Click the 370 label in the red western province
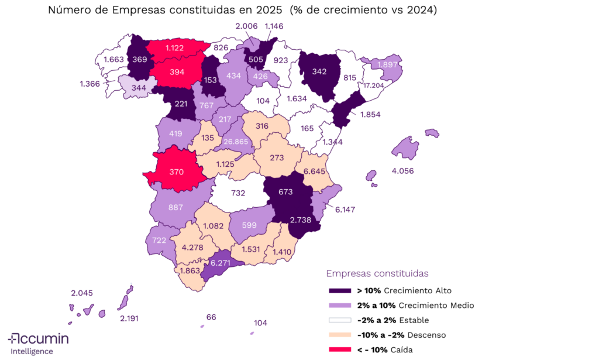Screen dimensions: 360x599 point(177,172)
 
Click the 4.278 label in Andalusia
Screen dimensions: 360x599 point(192,248)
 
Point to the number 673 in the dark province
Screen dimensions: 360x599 point(285,192)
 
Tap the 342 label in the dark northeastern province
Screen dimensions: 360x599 point(319,71)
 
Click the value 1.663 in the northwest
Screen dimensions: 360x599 point(113,60)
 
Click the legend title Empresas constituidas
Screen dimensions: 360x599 point(377,273)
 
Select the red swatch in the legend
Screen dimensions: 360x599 point(340,349)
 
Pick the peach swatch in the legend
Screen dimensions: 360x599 point(340,335)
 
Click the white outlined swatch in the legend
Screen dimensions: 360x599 point(340,320)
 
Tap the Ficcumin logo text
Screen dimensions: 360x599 point(39,339)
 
